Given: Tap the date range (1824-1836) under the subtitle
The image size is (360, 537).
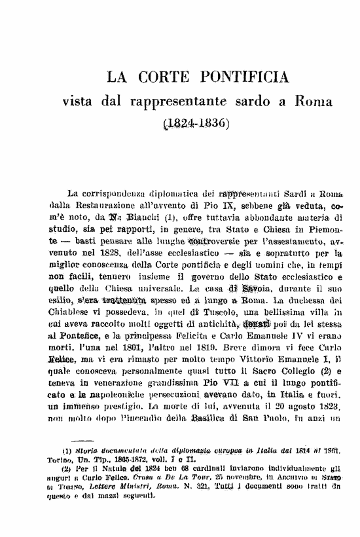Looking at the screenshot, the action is coord(191,122).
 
